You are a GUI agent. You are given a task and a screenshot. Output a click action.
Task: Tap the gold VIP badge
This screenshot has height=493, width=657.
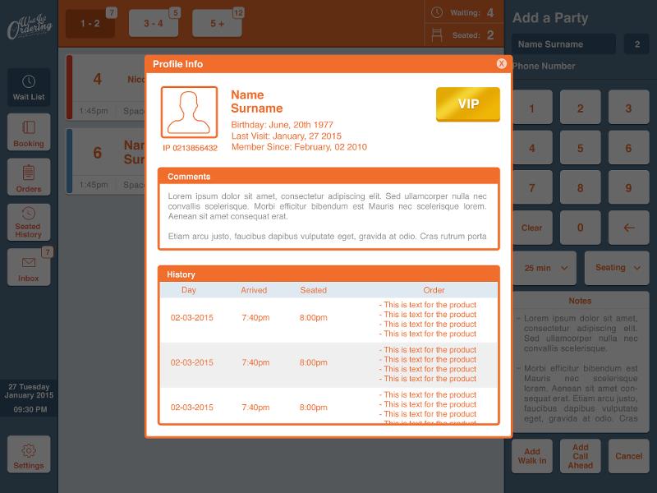(x=467, y=104)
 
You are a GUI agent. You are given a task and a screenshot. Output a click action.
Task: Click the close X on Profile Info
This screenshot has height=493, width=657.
(x=501, y=64)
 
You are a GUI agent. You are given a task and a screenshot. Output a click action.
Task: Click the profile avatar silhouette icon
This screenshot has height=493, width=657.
(x=189, y=112)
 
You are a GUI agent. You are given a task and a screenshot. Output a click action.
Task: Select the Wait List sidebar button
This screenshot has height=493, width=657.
(x=29, y=88)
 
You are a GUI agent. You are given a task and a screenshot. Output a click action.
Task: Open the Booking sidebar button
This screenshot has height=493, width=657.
(x=29, y=133)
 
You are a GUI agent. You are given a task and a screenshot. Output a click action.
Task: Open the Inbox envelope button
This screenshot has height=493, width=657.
(x=29, y=268)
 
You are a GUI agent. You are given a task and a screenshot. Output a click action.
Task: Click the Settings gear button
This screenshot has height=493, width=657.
(x=29, y=455)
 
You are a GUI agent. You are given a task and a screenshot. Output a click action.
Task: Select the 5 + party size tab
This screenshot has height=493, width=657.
(x=217, y=24)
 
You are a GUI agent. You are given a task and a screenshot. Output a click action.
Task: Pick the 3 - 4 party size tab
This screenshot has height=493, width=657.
(x=154, y=24)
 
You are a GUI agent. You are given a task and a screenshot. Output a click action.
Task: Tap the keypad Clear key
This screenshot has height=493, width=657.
(x=531, y=228)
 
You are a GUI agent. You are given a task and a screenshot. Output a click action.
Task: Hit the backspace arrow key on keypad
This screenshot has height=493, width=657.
(x=629, y=228)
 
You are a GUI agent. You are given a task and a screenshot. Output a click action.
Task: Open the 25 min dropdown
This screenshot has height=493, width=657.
(x=544, y=268)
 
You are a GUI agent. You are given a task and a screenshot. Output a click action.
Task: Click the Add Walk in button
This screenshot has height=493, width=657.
(x=532, y=456)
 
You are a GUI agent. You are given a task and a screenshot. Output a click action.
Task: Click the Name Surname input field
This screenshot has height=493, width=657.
(x=563, y=44)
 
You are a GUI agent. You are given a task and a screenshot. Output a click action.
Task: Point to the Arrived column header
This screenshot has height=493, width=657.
(x=254, y=290)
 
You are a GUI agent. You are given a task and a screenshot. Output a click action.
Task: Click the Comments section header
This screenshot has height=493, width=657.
(x=189, y=177)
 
